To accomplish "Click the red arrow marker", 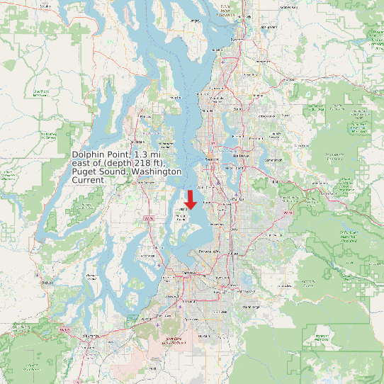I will tap(191, 199).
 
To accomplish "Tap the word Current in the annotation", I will tap(89, 180).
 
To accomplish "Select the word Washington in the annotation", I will tap(156, 171).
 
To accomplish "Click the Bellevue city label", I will tap(241, 155).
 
